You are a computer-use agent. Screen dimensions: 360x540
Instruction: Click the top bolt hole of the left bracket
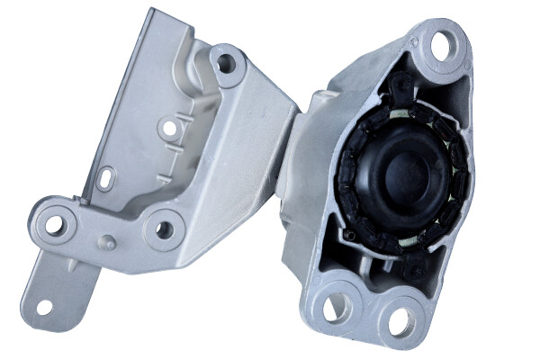[x=226, y=63]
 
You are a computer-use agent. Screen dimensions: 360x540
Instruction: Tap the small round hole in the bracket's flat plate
[x=168, y=129]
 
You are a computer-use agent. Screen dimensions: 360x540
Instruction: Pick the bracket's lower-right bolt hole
[x=164, y=229]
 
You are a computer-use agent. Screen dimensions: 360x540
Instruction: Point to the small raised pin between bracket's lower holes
[x=108, y=241]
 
